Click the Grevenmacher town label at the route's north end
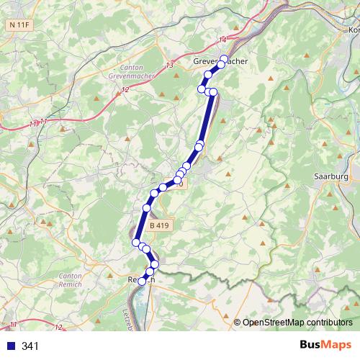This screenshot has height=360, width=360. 220,62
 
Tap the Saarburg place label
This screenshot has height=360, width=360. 331,176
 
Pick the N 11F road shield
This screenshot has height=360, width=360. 20,24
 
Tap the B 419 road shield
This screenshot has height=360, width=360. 161,225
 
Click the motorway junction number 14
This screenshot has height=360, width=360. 222,39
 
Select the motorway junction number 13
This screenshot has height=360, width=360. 169,66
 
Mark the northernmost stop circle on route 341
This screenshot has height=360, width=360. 224,59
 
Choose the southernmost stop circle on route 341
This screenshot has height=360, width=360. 142,282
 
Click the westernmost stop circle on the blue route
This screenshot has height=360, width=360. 135,243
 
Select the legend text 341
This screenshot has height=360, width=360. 30,346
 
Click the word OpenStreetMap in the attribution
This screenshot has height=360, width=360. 270,323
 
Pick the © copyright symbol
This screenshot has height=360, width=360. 238,323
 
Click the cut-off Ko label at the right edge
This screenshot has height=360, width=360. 354,30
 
